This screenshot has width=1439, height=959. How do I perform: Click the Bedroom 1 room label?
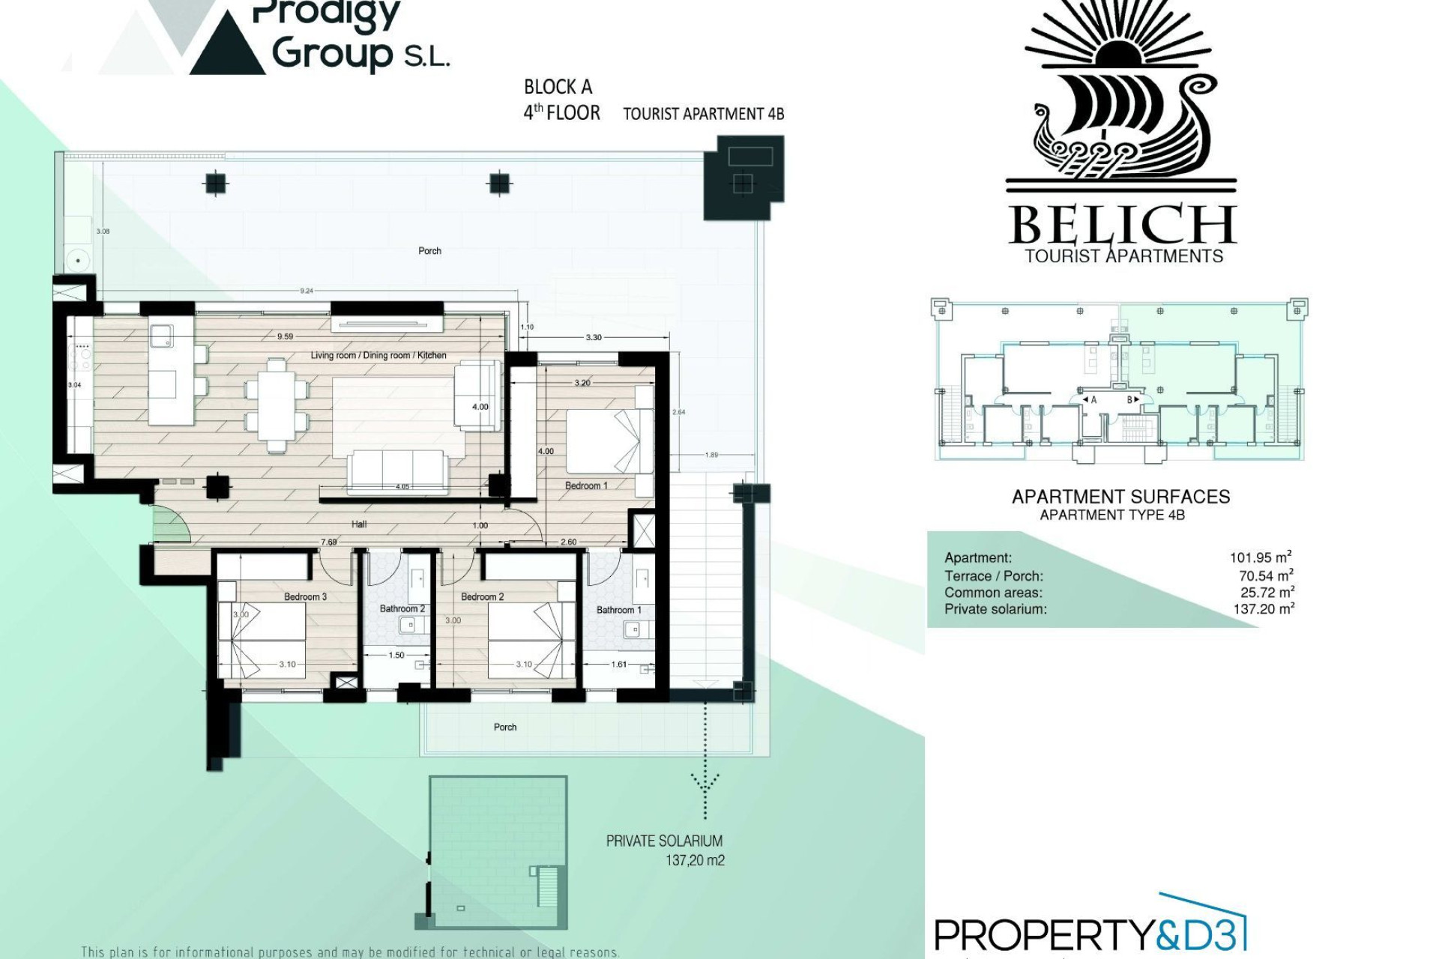pyautogui.click(x=586, y=485)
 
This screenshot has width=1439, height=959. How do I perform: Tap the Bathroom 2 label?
pyautogui.click(x=402, y=608)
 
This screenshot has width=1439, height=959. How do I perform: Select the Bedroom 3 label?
pyautogui.click(x=305, y=596)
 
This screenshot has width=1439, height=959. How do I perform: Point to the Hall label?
pyautogui.click(x=359, y=524)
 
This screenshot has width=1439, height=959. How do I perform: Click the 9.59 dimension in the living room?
pyautogui.click(x=285, y=336)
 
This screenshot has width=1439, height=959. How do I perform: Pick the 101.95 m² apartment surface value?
pyautogui.click(x=1261, y=557)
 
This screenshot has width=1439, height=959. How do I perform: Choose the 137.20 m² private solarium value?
pyautogui.click(x=1264, y=609)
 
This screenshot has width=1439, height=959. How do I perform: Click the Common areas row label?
pyautogui.click(x=993, y=593)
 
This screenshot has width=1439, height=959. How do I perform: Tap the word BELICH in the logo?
pyautogui.click(x=1121, y=225)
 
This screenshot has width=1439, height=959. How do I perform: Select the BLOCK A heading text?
pyautogui.click(x=558, y=87)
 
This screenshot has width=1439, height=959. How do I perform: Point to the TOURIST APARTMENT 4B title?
pyautogui.click(x=704, y=114)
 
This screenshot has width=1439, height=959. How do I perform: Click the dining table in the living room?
pyautogui.click(x=277, y=405)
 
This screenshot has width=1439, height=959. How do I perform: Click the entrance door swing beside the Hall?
pyautogui.click(x=171, y=523)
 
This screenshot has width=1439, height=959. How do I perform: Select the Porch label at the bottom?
pyautogui.click(x=505, y=727)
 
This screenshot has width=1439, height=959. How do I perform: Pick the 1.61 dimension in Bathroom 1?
pyautogui.click(x=618, y=664)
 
